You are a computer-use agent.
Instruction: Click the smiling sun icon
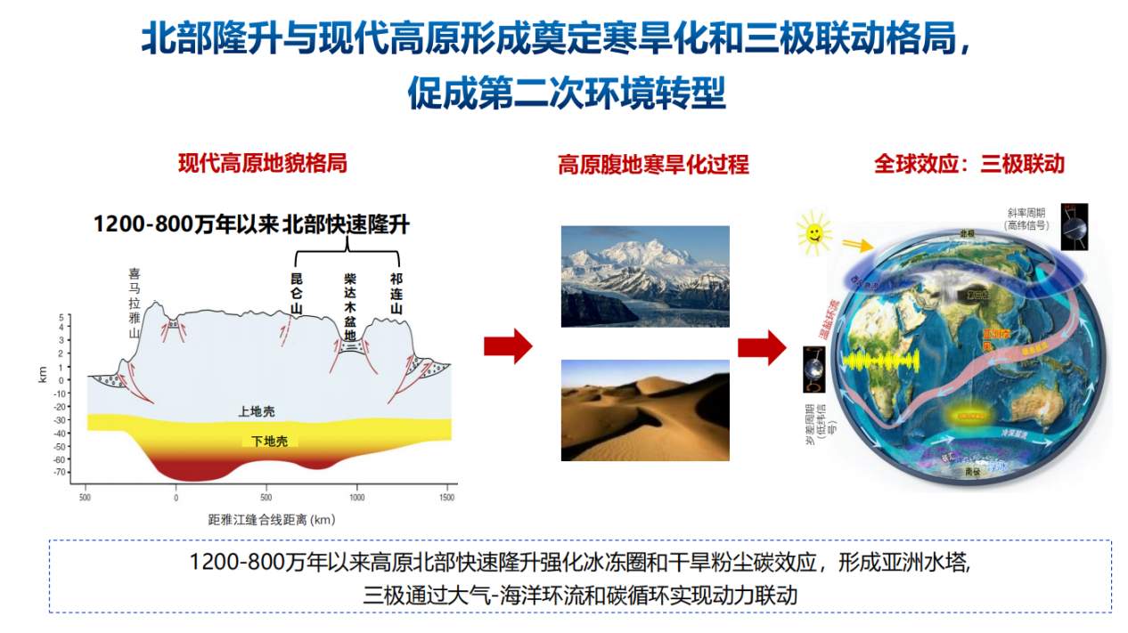pos(814,232)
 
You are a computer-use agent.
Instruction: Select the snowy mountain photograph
pos(645,276)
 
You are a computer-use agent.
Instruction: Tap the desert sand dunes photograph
pos(645,410)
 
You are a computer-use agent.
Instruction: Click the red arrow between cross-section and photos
pos(508,346)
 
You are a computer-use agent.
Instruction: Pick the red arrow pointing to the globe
pos(762,346)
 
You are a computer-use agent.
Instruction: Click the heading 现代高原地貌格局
pos(262,164)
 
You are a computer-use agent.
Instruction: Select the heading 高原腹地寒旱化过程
pos(653,165)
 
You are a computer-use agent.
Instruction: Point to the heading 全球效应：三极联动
pos(969,164)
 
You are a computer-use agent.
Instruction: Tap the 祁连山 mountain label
pos(396,293)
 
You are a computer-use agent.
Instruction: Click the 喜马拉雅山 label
pos(135,303)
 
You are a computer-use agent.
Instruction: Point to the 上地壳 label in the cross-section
pos(256,412)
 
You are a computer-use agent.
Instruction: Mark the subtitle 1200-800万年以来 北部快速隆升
pos(251,224)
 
